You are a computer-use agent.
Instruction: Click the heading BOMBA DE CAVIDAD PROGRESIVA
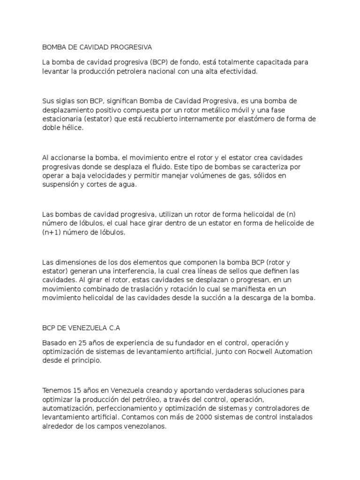(x=97, y=47)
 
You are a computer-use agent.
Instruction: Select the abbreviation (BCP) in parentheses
(x=159, y=62)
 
